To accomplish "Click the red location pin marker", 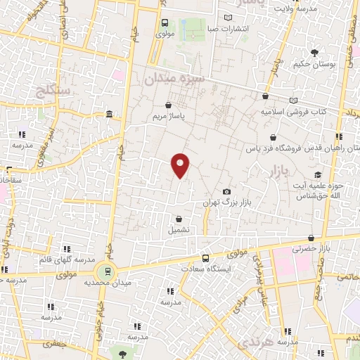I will click(181, 165).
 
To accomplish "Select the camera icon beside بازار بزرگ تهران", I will click(226, 191).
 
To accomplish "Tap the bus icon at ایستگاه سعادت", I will click(205, 257).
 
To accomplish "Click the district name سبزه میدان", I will click(174, 80).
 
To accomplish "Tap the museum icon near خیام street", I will click(108, 114).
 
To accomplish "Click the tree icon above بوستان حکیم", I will click(314, 52).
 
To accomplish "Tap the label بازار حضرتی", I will click(314, 250).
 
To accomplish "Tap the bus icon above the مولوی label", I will click(165, 22).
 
